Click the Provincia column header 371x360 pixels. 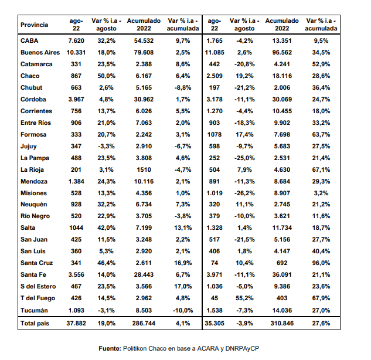coord(35,25)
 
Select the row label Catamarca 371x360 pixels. coord(36,64)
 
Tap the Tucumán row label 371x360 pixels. coord(34,310)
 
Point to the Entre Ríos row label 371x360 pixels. coord(36,123)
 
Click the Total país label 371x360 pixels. coord(35,323)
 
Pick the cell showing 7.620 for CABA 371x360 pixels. coord(76,40)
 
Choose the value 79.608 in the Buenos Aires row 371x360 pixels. coord(144,52)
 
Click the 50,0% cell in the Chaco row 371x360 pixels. coord(107,76)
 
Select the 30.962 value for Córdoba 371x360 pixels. coord(144,100)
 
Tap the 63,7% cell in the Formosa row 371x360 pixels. coord(321,134)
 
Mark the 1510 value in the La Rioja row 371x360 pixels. coord(144,169)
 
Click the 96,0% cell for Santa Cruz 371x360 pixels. coord(321,263)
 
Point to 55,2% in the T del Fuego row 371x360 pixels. coord(244,298)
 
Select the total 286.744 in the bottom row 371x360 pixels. coord(144,323)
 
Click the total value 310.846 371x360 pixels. coord(282,323)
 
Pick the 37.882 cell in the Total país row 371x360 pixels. coord(76,323)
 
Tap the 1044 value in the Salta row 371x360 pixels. coord(76,227)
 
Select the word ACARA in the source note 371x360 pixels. coord(208,348)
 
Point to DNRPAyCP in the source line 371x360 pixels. coord(242,349)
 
